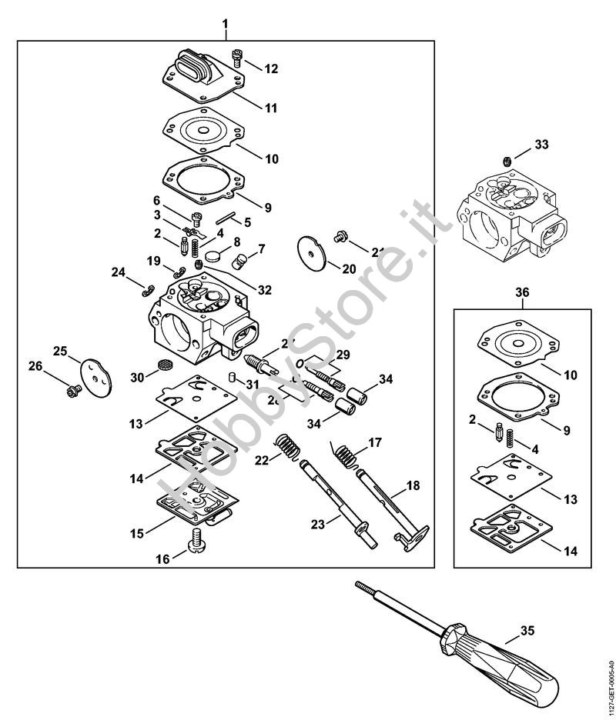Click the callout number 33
coord(542,144)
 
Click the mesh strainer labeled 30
coord(162,365)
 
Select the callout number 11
coord(270,108)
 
